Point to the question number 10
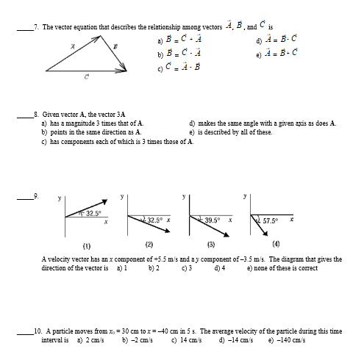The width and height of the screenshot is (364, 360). [38, 331]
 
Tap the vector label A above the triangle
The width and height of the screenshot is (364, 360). [73, 46]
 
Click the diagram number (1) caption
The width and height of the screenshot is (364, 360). [87, 244]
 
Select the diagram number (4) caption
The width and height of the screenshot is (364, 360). [276, 244]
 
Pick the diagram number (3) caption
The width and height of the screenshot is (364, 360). [211, 244]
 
